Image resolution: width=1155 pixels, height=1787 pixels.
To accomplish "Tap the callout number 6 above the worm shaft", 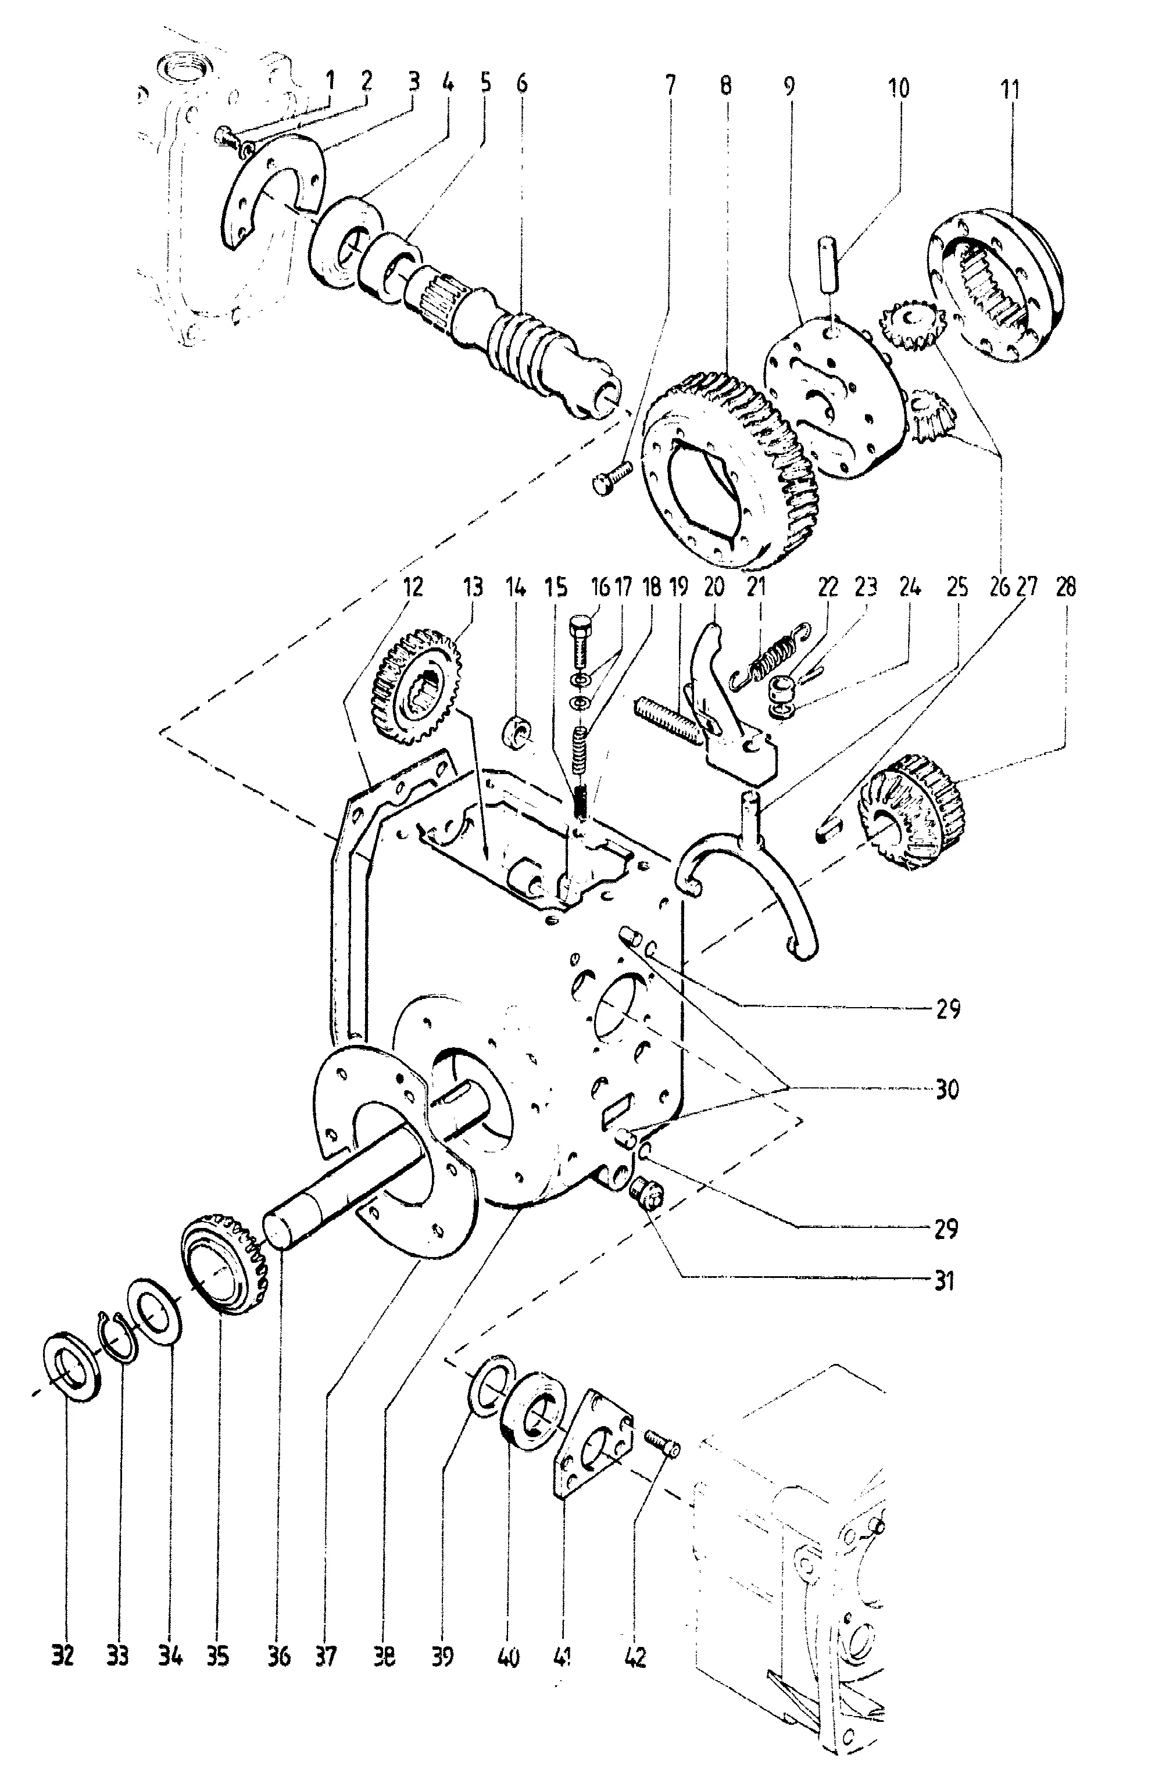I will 521,83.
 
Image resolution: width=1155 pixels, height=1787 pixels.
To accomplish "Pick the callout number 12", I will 412,586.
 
